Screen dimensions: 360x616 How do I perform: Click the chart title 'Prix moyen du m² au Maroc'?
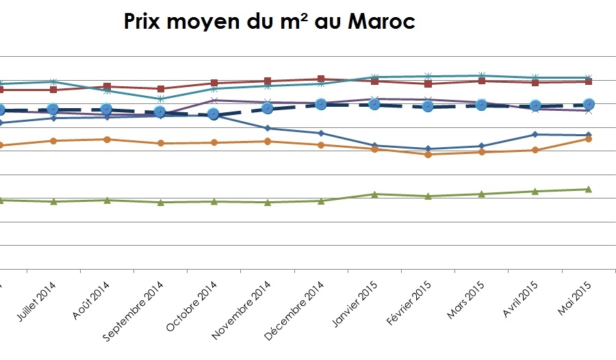[269, 22]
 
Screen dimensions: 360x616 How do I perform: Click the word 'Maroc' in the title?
[382, 22]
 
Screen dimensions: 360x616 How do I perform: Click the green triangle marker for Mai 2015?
[588, 189]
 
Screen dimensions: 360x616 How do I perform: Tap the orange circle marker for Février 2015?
[428, 155]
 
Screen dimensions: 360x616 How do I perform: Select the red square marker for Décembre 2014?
[321, 79]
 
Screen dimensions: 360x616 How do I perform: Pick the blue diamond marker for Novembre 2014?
[268, 128]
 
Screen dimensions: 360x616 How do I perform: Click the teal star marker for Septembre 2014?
[160, 99]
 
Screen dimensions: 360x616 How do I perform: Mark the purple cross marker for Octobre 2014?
[214, 101]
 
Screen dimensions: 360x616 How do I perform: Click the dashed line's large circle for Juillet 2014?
[53, 110]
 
